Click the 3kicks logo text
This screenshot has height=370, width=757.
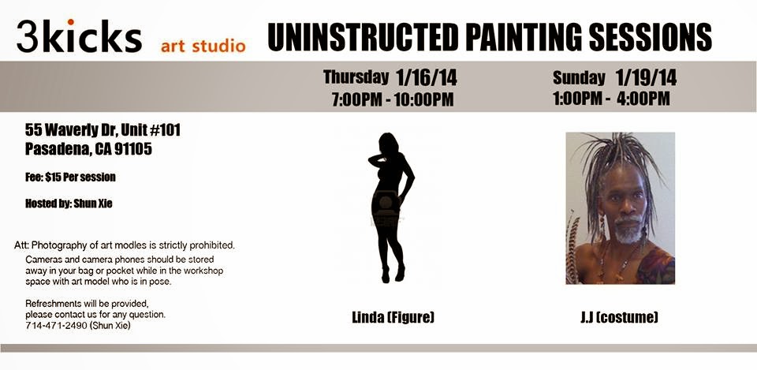pyautogui.click(x=79, y=36)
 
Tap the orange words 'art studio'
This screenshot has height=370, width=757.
pyautogui.click(x=203, y=47)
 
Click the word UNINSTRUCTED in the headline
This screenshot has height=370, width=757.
pyautogui.click(x=363, y=37)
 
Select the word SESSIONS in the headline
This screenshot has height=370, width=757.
pyautogui.click(x=651, y=37)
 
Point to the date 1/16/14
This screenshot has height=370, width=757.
pyautogui.click(x=427, y=77)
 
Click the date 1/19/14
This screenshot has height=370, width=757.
pyautogui.click(x=646, y=77)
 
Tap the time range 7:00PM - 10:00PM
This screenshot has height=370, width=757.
pyautogui.click(x=392, y=99)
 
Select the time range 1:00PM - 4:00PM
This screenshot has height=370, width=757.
pyautogui.click(x=611, y=99)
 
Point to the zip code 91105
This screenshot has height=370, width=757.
pyautogui.click(x=133, y=149)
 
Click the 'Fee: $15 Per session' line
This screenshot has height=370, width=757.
pyautogui.click(x=70, y=178)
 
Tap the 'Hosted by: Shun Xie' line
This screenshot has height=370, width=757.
pyautogui.click(x=69, y=204)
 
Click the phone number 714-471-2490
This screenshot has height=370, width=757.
pyautogui.click(x=56, y=326)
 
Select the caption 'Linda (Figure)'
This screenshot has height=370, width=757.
pyautogui.click(x=393, y=317)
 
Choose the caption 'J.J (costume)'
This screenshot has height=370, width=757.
pyautogui.click(x=620, y=317)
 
